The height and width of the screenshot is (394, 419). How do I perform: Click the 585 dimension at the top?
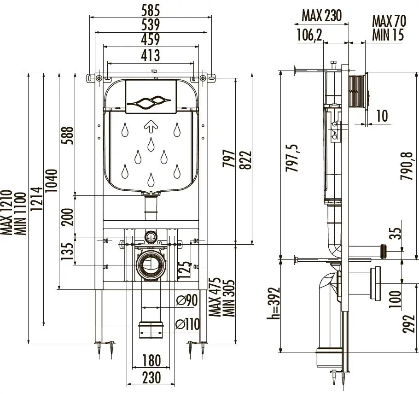click(150, 9)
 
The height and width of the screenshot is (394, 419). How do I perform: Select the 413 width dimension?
click(150, 56)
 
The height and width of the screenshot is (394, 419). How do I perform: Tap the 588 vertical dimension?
click(68, 135)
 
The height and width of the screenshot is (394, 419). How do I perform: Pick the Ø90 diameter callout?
click(187, 300)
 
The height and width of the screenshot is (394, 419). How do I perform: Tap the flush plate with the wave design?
click(151, 97)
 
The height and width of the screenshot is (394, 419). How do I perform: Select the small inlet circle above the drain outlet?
click(150, 237)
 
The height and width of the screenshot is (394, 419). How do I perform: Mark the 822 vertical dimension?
click(248, 159)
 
